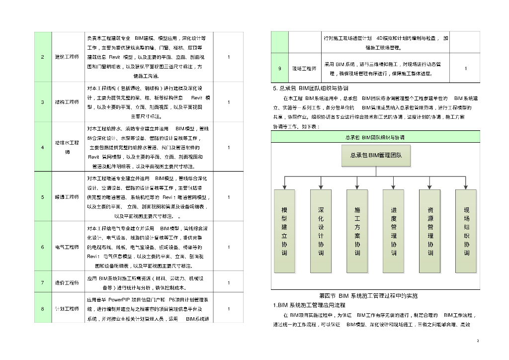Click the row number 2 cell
pyautogui.click(x=43, y=57)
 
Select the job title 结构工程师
pyautogui.click(x=67, y=102)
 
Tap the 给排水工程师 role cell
pyautogui.click(x=67, y=147)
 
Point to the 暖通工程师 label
pyautogui.click(x=67, y=197)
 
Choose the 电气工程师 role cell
pyautogui.click(x=67, y=247)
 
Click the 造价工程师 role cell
pyautogui.click(x=67, y=282)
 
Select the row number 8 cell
pyautogui.click(x=43, y=309)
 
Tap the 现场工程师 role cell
pyautogui.click(x=304, y=69)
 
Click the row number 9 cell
pyautogui.click(x=280, y=69)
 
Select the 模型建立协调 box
pyautogui.click(x=284, y=231)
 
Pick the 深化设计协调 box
pyautogui.click(x=321, y=231)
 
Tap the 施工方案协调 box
pyautogui.click(x=357, y=231)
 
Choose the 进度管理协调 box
pyautogui.click(x=394, y=231)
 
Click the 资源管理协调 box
pyautogui.click(x=430, y=231)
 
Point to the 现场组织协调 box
pyautogui.click(x=466, y=231)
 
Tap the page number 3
pyautogui.click(x=477, y=341)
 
